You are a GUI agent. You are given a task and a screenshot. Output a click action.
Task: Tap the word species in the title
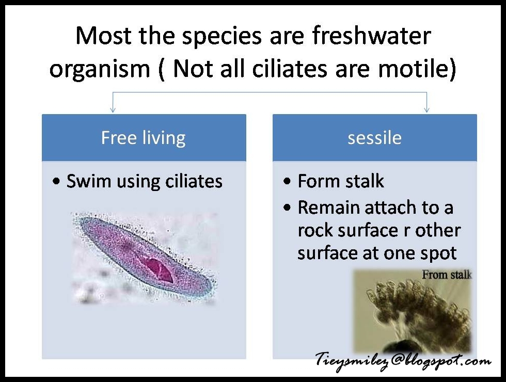tap(235, 37)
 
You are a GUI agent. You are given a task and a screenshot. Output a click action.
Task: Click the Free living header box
tap(144, 138)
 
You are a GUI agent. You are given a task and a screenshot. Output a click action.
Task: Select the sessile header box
tap(374, 138)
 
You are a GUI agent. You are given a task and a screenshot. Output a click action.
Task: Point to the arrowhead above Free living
tap(113, 109)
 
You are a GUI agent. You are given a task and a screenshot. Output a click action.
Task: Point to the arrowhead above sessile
tap(426, 109)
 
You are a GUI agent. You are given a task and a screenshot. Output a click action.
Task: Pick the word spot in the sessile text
tap(437, 253)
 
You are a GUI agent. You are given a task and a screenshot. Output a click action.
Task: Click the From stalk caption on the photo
tap(446, 275)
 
